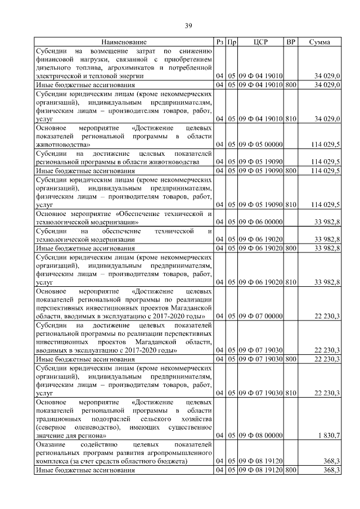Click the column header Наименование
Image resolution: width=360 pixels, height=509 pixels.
coord(124,42)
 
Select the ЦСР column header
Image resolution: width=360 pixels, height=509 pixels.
coord(260,42)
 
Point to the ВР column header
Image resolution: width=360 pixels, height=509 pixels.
coord(290,42)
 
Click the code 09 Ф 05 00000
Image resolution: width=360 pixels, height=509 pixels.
coord(260,145)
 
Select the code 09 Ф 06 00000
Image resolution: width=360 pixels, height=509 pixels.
coord(260,222)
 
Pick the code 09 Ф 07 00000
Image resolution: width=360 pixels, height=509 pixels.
coord(260,317)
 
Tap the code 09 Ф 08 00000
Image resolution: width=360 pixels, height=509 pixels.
coord(260,436)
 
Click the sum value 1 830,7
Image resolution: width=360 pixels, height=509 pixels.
coord(328,436)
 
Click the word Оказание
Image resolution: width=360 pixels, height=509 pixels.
coord(51,444)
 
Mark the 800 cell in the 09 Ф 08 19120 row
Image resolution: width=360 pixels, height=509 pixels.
coord(290,470)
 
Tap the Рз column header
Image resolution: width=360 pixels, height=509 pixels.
coord(219,42)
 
